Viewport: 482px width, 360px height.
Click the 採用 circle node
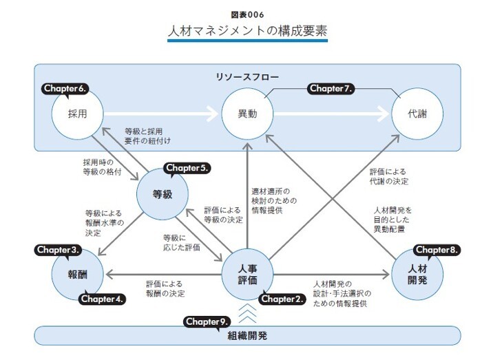(77, 113)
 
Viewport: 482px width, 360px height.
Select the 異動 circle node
(248, 113)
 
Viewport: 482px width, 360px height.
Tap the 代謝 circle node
(418, 113)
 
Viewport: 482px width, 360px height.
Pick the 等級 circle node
(163, 193)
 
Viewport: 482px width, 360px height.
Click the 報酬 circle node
(77, 275)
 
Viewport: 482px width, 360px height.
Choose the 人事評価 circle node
(248, 274)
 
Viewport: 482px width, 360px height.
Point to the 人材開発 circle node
(418, 275)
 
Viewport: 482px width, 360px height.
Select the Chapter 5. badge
(187, 168)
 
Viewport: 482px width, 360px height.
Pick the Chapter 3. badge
(60, 248)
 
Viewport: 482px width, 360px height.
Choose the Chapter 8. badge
(436, 248)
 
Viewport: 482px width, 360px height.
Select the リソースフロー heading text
(247, 76)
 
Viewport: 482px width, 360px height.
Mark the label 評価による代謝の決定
(390, 176)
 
